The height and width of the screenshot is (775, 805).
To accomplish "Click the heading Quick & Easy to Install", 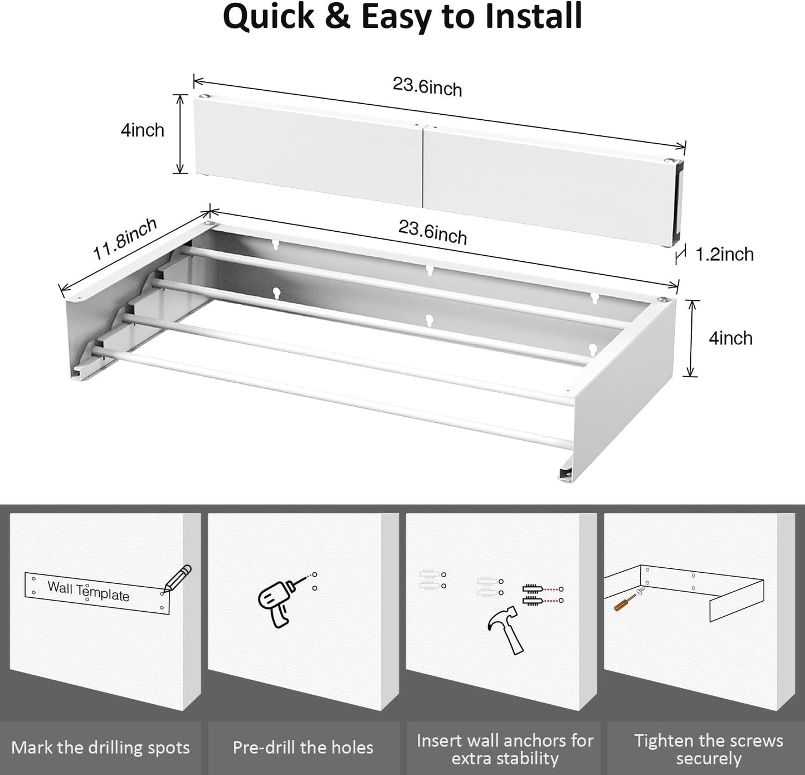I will point(402,17).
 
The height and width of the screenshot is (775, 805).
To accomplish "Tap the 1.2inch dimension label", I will point(724,254).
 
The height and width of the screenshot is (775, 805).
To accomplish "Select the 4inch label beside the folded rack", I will point(143,130).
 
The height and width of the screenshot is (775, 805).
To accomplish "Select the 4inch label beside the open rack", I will point(730,338).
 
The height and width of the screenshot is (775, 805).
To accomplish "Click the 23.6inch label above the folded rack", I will point(427,87).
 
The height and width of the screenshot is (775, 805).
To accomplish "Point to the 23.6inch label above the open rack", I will point(432,232).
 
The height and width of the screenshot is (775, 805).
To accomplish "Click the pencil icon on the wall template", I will point(178,578).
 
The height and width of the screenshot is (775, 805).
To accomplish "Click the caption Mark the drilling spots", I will point(100,748).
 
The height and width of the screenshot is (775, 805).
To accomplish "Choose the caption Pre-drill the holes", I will point(303,748).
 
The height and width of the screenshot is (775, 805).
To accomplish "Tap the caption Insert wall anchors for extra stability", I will point(505,749).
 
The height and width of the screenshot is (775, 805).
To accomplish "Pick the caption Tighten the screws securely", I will point(708,749).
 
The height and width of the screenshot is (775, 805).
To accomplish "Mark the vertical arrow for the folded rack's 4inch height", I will point(179,134).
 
